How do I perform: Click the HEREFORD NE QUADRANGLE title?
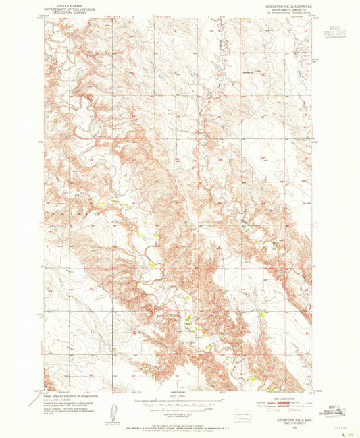tap(287, 5)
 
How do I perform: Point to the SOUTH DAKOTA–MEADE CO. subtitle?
tap(287, 8)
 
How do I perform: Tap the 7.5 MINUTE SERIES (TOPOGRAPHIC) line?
tap(287, 11)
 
